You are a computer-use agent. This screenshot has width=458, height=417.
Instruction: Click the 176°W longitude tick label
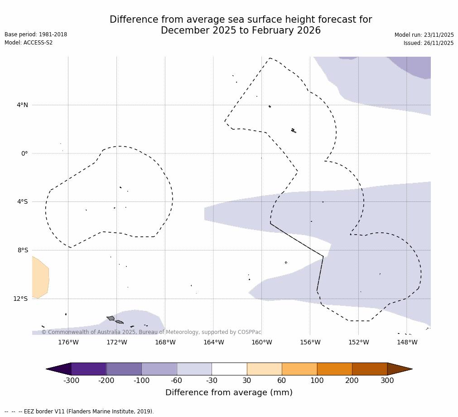pyautogui.click(x=68, y=342)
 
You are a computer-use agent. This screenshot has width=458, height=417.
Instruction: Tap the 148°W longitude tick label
pyautogui.click(x=407, y=342)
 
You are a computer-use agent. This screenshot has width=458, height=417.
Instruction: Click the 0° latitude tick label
pyautogui.click(x=24, y=153)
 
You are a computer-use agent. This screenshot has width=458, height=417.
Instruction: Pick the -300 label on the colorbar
pyautogui.click(x=71, y=381)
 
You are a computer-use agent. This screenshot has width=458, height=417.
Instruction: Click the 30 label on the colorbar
pyautogui.click(x=247, y=381)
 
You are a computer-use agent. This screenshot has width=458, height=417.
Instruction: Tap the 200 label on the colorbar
pyautogui.click(x=352, y=381)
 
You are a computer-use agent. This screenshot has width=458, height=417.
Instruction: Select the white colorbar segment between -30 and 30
pyautogui.click(x=229, y=369)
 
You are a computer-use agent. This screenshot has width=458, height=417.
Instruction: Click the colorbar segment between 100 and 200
pyautogui.click(x=334, y=369)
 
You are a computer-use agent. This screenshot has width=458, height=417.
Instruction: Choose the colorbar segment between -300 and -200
pyautogui.click(x=89, y=369)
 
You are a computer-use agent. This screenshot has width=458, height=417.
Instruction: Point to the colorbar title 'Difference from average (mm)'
pyautogui.click(x=229, y=392)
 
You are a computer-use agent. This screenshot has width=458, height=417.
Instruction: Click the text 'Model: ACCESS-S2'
pyautogui.click(x=29, y=43)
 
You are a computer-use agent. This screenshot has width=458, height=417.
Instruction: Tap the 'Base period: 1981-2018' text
pyautogui.click(x=36, y=34)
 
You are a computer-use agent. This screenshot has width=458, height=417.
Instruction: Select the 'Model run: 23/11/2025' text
pyautogui.click(x=424, y=35)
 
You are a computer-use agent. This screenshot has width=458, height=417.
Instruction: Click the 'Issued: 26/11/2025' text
pyautogui.click(x=429, y=43)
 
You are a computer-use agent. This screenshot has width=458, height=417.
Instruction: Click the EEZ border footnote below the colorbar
pyautogui.click(x=79, y=412)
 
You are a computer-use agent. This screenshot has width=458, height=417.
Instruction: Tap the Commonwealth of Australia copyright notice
pyautogui.click(x=151, y=332)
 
